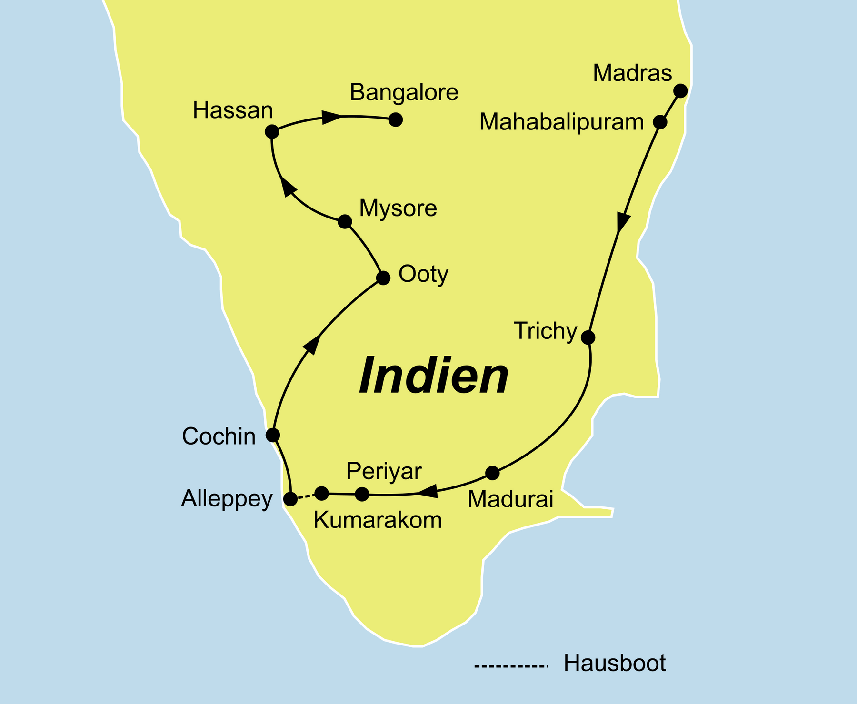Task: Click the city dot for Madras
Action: pos(681,90)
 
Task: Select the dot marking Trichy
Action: pos(588,337)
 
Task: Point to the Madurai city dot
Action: pos(492,473)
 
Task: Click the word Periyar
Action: pos(384,472)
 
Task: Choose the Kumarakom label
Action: pos(378,521)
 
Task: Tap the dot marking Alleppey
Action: pos(290,499)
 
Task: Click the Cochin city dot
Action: pos(272,435)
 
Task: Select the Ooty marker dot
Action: pos(383,278)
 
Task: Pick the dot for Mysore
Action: pos(345,222)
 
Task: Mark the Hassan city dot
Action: pos(271,132)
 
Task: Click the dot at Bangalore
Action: pos(396,120)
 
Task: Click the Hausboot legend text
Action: pos(615,664)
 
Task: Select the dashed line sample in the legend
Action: pos(510,666)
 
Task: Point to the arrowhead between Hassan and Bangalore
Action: pos(332,117)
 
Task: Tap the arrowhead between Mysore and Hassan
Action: pos(288,187)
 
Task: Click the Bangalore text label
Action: pos(404,93)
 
